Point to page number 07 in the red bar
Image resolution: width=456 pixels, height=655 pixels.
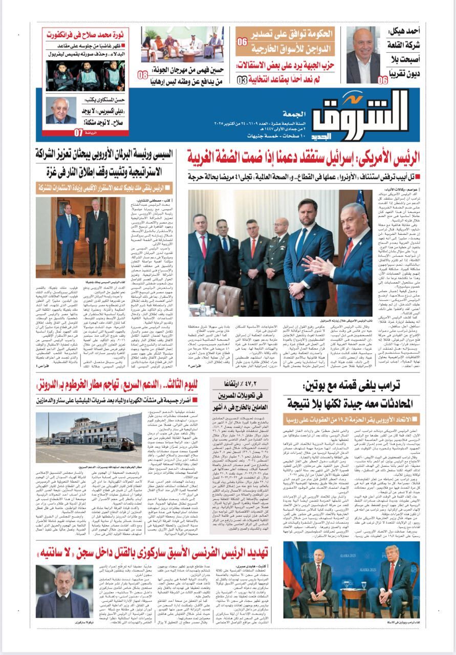click(78, 133)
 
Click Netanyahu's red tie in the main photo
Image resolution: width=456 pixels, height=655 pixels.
click(348, 254)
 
